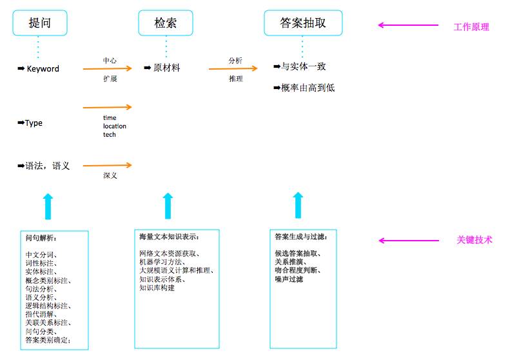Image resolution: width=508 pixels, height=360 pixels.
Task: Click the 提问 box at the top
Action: pyautogui.click(x=39, y=23)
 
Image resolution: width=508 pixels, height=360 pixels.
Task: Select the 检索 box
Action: pyautogui.click(x=166, y=23)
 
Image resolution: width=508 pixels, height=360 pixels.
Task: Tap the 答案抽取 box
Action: pyautogui.click(x=303, y=23)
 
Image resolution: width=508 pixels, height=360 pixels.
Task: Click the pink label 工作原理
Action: pyautogui.click(x=471, y=27)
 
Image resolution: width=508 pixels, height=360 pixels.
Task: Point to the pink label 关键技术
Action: pyautogui.click(x=474, y=240)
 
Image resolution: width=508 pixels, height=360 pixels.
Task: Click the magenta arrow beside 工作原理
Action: pyautogui.click(x=398, y=26)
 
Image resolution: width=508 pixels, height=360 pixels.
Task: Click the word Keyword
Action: pyautogui.click(x=43, y=68)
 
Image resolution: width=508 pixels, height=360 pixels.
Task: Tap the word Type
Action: pyautogui.click(x=34, y=123)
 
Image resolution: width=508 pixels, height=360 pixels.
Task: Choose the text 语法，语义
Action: pyautogui.click(x=48, y=166)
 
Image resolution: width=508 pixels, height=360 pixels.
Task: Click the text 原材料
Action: pyautogui.click(x=166, y=68)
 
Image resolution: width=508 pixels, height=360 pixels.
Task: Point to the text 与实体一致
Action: pyautogui.click(x=304, y=66)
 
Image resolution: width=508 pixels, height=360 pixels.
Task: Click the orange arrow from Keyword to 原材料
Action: pyautogui.click(x=107, y=68)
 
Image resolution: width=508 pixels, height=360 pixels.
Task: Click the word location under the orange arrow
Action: pyautogui.click(x=115, y=126)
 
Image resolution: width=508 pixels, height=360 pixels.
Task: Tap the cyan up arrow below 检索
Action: pyautogui.click(x=168, y=205)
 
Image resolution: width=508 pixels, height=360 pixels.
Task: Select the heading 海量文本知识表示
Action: pyautogui.click(x=169, y=236)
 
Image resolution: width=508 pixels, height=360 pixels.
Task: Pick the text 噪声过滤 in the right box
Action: pyautogui.click(x=289, y=279)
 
